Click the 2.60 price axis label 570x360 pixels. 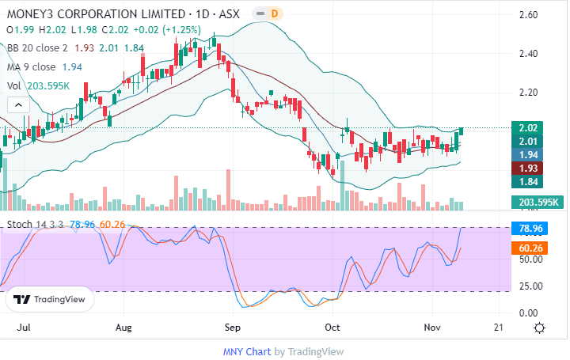point(528,15)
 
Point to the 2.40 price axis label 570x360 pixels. point(528,54)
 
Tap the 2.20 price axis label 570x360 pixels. point(528,93)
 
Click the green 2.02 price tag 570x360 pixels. point(528,128)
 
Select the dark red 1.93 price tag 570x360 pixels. point(528,169)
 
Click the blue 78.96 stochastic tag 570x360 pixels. point(528,229)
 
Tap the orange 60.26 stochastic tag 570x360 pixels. point(528,248)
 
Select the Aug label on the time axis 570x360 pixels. point(123,326)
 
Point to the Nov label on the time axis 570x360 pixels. point(432,326)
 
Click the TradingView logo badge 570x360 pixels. point(50,300)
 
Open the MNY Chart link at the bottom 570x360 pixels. point(246,351)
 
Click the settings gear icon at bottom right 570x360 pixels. point(539,328)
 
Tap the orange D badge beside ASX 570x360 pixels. point(274,13)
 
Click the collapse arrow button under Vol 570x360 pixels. point(16,104)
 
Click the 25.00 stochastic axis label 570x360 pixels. point(528,286)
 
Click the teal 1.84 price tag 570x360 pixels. point(528,182)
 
